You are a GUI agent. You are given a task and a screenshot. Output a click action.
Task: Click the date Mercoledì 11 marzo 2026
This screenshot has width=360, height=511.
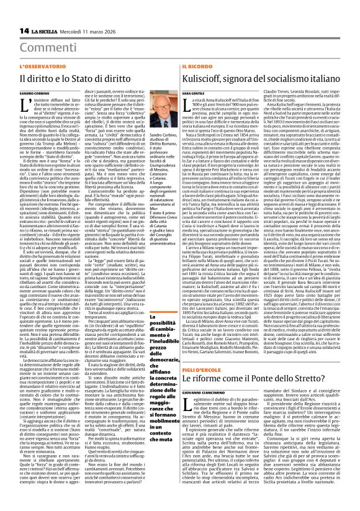[x=81, y=30]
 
